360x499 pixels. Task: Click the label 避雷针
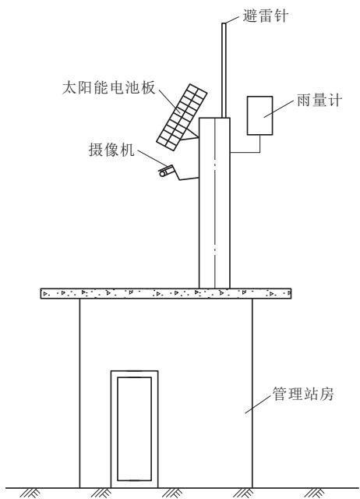(x=265, y=16)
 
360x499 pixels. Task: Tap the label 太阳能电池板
(x=109, y=87)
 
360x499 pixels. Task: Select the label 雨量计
(x=319, y=101)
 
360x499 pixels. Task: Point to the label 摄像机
(x=111, y=150)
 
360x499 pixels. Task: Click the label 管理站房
(x=303, y=394)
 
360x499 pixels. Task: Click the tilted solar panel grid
(x=182, y=117)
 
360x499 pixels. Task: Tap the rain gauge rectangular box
(x=259, y=115)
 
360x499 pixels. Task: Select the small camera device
(x=166, y=171)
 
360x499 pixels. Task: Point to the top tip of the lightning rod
(x=224, y=23)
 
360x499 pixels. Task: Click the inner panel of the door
(x=134, y=429)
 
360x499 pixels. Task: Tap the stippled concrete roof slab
(x=166, y=293)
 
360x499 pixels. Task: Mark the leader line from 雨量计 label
(x=278, y=109)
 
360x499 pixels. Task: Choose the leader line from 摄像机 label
(x=152, y=157)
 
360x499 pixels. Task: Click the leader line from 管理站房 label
(x=258, y=405)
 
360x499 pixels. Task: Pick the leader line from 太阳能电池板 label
(x=169, y=101)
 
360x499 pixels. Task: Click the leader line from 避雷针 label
(x=232, y=19)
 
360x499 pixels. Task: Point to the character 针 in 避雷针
(x=281, y=16)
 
